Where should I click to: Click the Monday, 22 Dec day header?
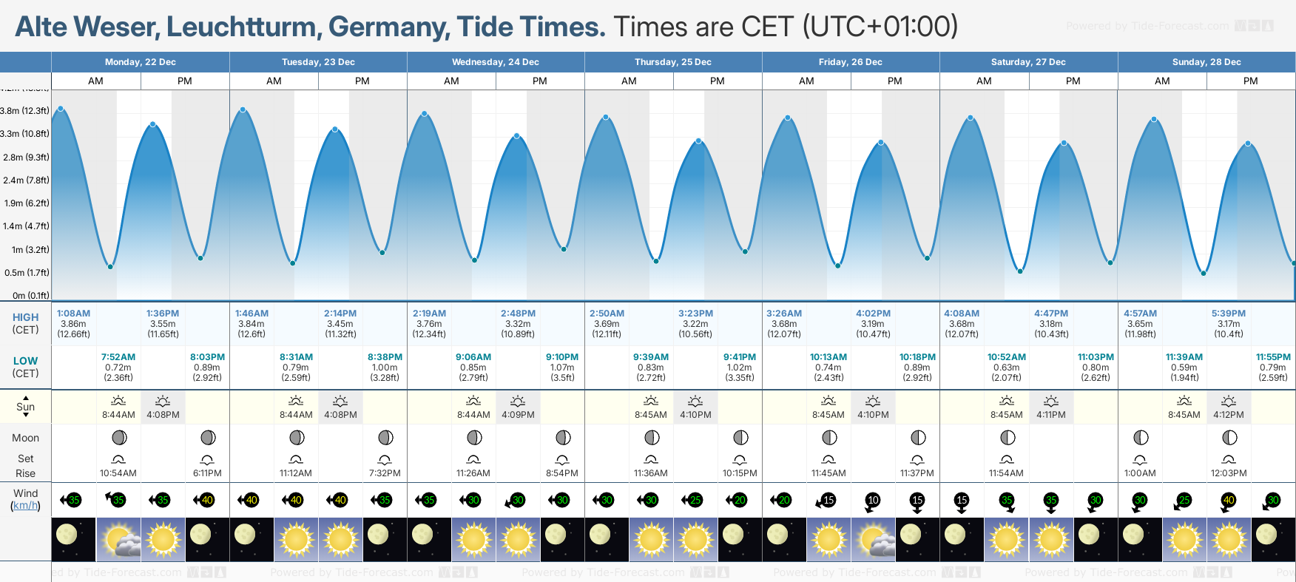click(x=140, y=62)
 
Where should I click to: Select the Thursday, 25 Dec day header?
click(x=672, y=62)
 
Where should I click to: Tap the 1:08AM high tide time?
click(x=73, y=314)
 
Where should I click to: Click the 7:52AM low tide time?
click(x=118, y=357)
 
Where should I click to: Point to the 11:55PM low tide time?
click(x=1273, y=357)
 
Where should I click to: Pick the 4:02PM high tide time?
click(x=873, y=314)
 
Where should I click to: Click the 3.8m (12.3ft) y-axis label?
click(x=25, y=111)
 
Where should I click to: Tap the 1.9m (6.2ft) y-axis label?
click(x=26, y=203)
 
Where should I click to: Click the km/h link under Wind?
click(x=25, y=506)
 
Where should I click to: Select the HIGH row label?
click(x=25, y=317)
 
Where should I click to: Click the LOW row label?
click(x=25, y=361)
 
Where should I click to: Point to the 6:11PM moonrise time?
click(x=207, y=473)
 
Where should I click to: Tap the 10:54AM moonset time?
click(x=118, y=473)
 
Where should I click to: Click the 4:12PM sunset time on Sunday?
click(x=1229, y=415)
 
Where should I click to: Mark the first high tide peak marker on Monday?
click(x=61, y=109)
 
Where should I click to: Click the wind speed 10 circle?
click(x=873, y=500)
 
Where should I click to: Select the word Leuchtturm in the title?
click(x=242, y=27)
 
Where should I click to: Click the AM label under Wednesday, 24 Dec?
click(x=451, y=81)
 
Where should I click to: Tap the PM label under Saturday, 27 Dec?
click(x=1073, y=81)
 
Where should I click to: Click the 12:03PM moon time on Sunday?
click(x=1229, y=473)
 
